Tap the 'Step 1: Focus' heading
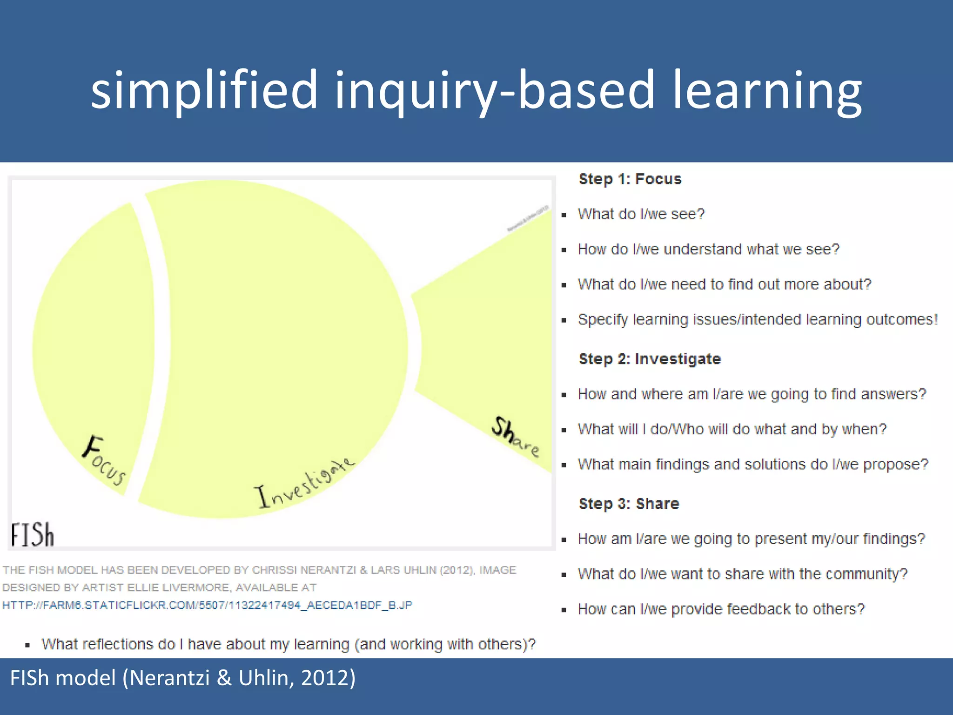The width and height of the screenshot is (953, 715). point(630,179)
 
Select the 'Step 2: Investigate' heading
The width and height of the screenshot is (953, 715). point(650,359)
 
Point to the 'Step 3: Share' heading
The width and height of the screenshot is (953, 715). point(629,504)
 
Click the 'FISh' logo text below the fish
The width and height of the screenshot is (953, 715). point(33,535)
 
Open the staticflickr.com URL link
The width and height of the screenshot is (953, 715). point(208,605)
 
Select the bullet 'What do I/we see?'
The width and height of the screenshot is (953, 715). point(641,214)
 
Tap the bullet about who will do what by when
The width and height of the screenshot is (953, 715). point(732,429)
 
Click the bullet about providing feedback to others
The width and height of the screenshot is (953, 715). point(721,609)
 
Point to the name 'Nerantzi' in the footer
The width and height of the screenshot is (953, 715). point(169,678)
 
